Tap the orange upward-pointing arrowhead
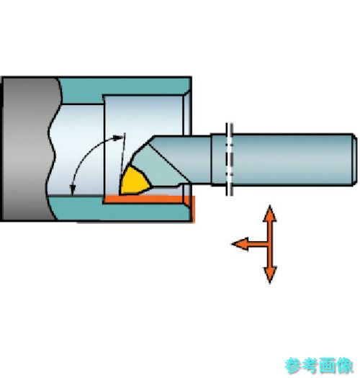click(269, 213)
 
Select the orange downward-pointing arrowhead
click(270, 275)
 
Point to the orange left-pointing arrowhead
click(240, 244)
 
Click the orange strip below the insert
click(150, 199)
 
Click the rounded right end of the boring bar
click(354, 160)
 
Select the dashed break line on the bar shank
click(229, 159)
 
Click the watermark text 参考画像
click(319, 366)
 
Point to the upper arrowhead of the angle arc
click(119, 138)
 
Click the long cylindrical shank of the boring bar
click(282, 160)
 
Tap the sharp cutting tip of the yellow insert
click(120, 194)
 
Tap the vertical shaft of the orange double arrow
click(270, 244)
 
